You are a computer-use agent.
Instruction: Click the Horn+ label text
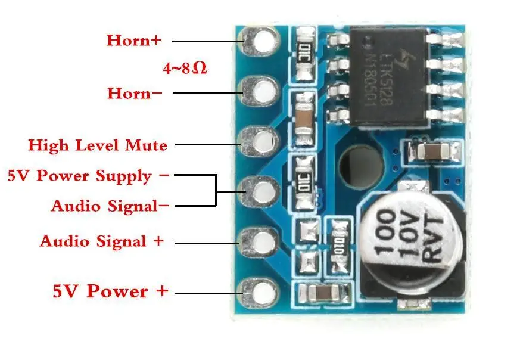click(133, 41)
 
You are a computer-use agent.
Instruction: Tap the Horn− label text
click(134, 93)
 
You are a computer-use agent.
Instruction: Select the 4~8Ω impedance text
click(185, 67)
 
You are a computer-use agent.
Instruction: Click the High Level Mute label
click(98, 145)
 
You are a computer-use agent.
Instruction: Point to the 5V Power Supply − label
click(88, 176)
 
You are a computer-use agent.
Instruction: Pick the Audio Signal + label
click(102, 241)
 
